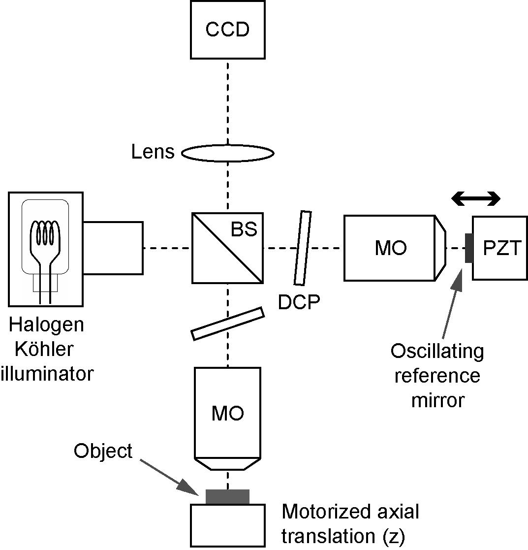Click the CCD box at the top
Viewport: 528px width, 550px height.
[x=227, y=30]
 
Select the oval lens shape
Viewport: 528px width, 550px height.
[x=228, y=153]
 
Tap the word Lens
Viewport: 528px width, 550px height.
[x=153, y=152]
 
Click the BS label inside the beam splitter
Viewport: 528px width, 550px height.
[x=244, y=229]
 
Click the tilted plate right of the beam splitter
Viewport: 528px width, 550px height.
[x=303, y=248]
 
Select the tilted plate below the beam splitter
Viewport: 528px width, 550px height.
[x=227, y=324]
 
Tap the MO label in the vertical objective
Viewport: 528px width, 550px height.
[x=227, y=414]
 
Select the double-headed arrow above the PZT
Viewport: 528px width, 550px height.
[x=476, y=199]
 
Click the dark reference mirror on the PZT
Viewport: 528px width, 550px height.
[x=468, y=249]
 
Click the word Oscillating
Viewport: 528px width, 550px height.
[x=437, y=352]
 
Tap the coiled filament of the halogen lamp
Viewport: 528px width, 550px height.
[x=45, y=232]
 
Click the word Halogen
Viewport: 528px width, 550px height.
[x=46, y=325]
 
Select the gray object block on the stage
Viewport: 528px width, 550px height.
[x=227, y=496]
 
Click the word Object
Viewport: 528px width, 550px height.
[x=103, y=451]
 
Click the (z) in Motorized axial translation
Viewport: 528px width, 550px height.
[x=393, y=537]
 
